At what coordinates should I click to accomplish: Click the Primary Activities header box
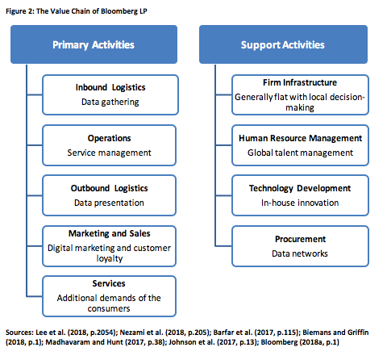(94, 44)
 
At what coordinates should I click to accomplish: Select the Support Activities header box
(283, 44)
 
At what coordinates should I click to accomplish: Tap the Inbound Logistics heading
(110, 87)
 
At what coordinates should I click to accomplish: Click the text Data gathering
(110, 102)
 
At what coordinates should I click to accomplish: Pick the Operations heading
(109, 138)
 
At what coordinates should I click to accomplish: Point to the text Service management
(109, 153)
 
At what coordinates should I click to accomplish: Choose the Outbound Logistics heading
(109, 188)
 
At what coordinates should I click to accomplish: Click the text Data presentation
(109, 203)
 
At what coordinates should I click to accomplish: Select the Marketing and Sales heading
(110, 233)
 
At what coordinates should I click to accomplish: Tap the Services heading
(109, 283)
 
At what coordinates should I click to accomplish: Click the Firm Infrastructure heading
(300, 82)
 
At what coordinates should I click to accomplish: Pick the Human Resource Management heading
(301, 138)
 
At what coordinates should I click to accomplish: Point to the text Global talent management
(300, 153)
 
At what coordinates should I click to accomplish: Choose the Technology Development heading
(300, 188)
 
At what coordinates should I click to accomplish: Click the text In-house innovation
(300, 203)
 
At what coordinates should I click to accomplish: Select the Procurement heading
(300, 239)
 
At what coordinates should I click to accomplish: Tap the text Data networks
(300, 253)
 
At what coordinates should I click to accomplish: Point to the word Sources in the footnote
(19, 333)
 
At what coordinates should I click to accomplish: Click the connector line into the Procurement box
(223, 246)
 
